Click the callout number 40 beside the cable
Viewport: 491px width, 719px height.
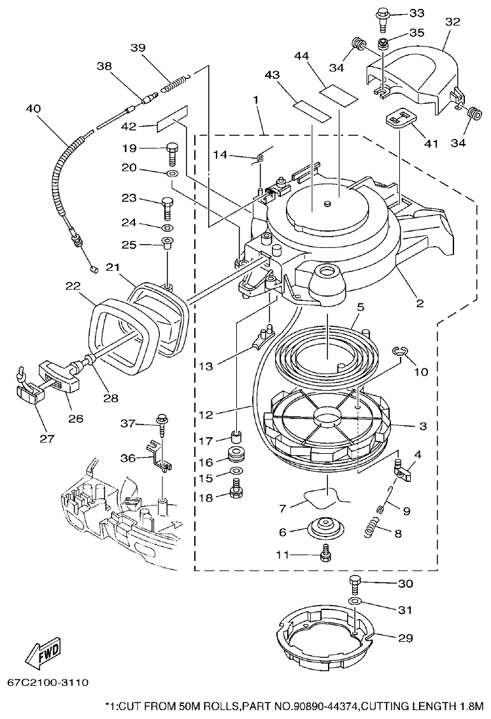pos(33,108)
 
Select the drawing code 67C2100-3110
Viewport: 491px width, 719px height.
pos(48,683)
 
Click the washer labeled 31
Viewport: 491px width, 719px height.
pos(355,602)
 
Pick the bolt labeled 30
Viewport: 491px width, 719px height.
pos(355,583)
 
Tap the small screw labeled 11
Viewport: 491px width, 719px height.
pos(327,554)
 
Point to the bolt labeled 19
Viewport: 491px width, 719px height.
pos(171,151)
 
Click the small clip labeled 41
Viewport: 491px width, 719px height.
pos(399,119)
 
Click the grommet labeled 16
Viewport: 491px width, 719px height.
pos(236,456)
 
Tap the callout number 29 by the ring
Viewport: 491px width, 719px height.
pos(405,637)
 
